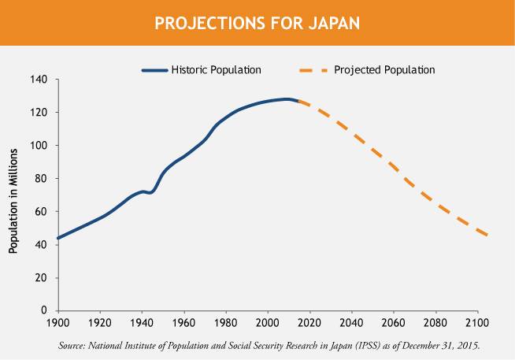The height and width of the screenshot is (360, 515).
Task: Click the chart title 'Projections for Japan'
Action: tap(257, 22)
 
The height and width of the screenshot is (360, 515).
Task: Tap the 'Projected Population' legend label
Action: tap(384, 70)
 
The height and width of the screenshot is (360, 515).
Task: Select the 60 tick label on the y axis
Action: tap(43, 212)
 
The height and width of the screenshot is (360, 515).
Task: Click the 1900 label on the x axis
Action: tap(58, 323)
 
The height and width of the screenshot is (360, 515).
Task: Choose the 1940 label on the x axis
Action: tap(142, 323)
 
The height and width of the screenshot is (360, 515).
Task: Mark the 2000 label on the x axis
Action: tap(268, 323)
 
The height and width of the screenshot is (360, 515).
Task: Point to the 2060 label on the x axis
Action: tap(394, 323)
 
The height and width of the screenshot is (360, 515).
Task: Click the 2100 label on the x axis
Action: tap(477, 323)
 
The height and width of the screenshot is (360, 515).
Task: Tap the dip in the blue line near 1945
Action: tap(150, 192)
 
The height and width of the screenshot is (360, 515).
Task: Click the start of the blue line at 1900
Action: tap(58, 237)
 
